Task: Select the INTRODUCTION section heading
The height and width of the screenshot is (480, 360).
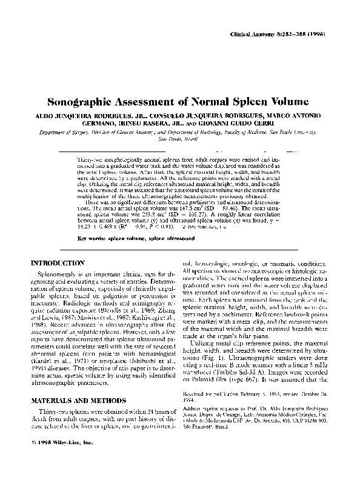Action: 58,264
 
